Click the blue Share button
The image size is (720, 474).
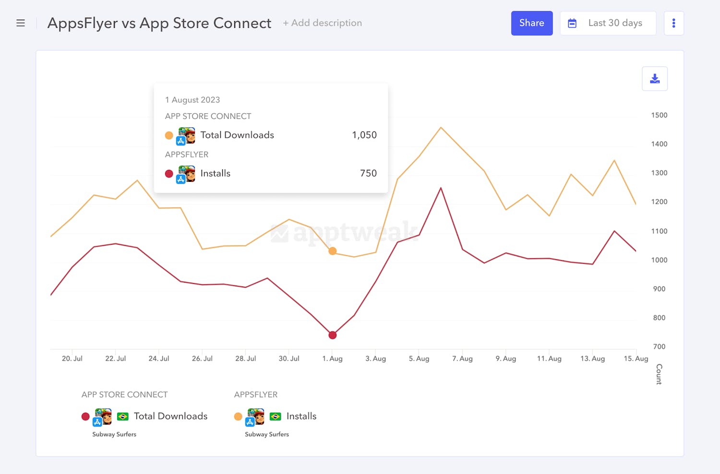pos(531,23)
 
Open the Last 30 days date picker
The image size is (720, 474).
pos(608,23)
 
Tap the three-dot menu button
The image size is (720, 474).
pos(673,23)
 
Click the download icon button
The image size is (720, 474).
pos(654,79)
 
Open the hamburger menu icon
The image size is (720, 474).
pos(21,23)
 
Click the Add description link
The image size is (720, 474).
pos(322,23)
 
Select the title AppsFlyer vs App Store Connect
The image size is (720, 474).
pos(159,23)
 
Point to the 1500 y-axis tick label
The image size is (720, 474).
pos(659,115)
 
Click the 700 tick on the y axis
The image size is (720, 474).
pos(659,346)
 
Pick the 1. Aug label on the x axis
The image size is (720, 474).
pos(332,358)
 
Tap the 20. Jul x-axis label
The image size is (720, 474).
pos(72,358)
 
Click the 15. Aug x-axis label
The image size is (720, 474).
pos(636,358)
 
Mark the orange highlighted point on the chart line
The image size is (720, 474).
pos(332,251)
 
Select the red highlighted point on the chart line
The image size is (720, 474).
pos(332,335)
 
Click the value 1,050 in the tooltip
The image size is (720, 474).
pos(364,135)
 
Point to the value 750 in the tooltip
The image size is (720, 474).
pos(368,174)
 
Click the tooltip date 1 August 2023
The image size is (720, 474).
pos(192,100)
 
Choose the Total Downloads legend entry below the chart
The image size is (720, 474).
pos(170,416)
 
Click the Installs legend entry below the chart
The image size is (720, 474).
pos(301,416)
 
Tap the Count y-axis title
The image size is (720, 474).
pos(659,374)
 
